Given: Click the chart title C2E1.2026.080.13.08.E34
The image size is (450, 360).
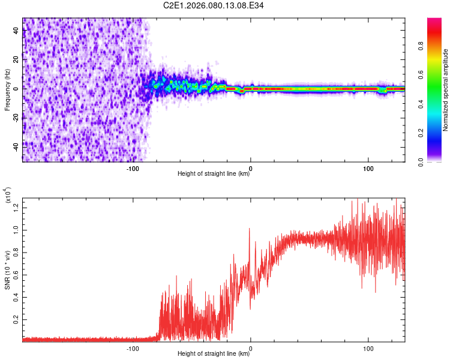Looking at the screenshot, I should click(x=214, y=5).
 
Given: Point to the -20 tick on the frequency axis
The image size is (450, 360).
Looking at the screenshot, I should click(x=16, y=117).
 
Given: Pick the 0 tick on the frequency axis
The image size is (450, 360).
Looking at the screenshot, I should click(x=16, y=88).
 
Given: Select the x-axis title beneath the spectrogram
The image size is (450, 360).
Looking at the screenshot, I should click(x=214, y=174).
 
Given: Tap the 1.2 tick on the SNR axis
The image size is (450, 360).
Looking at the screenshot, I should click(x=16, y=207).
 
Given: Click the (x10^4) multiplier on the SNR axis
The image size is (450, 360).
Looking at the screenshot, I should click(x=8, y=196).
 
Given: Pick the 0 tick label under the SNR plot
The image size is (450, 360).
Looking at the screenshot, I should click(x=250, y=347).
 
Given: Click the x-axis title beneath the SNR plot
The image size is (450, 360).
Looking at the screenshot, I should click(x=214, y=354).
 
